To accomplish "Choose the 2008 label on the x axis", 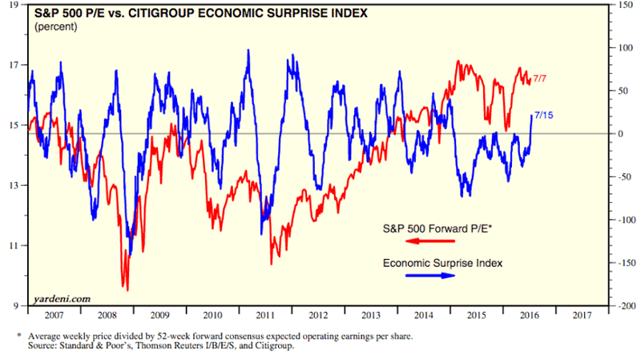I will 105,318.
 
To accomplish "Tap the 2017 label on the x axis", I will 584,318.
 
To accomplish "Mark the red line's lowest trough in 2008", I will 126,289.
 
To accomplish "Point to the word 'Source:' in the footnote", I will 46,346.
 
